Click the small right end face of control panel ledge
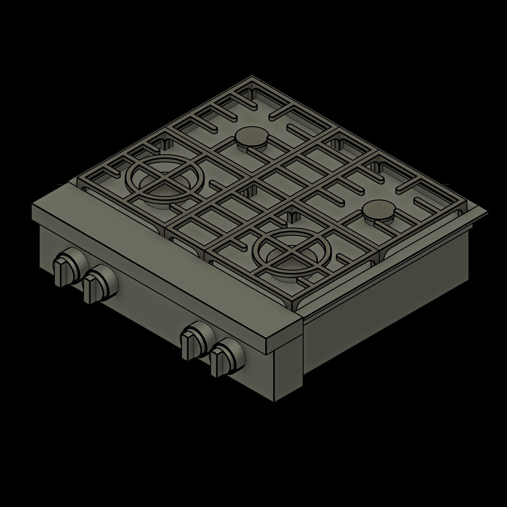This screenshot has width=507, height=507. click(x=285, y=335)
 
